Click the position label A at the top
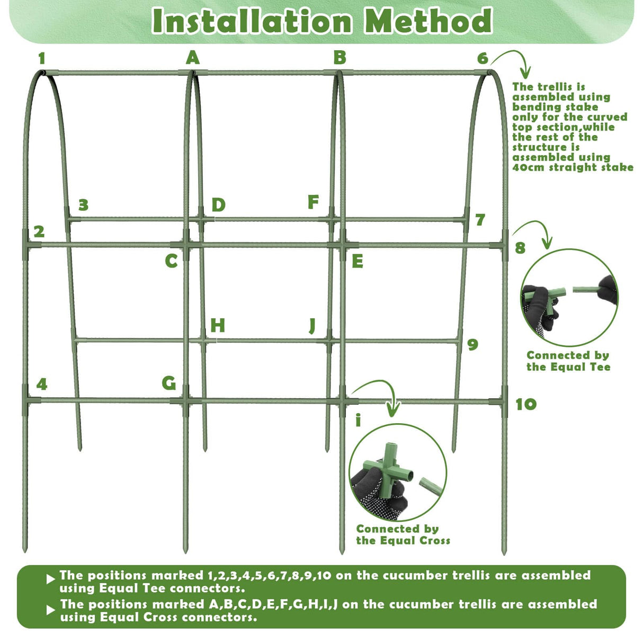193,58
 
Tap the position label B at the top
340,57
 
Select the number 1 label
42,58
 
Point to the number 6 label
482,58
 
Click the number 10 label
526,405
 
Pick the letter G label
169,383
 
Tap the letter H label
217,325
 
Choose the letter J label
312,325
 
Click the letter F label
313,202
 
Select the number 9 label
472,345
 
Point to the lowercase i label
359,421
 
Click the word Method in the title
428,21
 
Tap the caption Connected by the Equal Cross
403,534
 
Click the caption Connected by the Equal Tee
568,361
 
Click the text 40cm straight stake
573,167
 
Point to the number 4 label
42,384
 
